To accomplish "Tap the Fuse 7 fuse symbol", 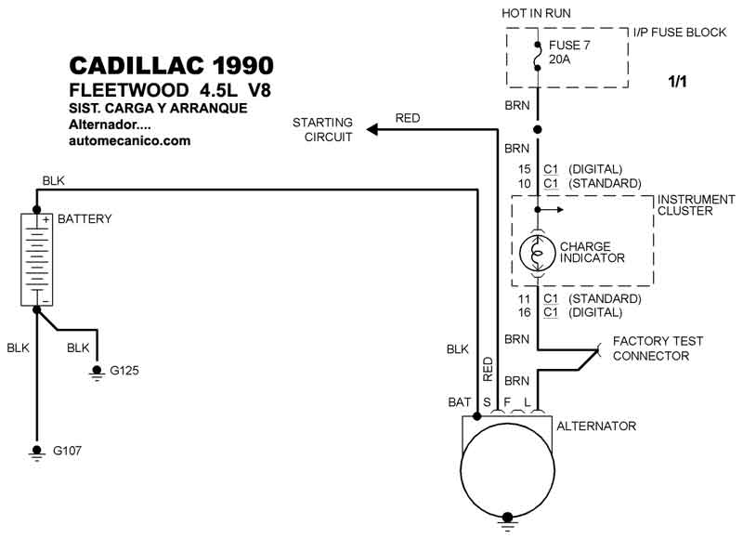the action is pos(538,57).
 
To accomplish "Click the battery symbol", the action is pos(36,260).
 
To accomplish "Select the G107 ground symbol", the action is pos(36,452).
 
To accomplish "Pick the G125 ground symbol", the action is pos(98,372).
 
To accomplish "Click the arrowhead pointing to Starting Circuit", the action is pos(372,129).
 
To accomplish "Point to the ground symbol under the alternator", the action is pos(507,520).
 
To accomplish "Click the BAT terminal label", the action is pos(459,402).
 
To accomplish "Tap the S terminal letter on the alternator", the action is pos(487,402).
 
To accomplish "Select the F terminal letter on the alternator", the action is pos(507,402).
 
